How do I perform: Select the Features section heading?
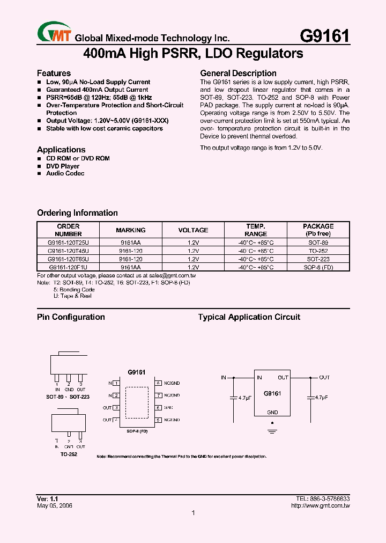tap(54, 73)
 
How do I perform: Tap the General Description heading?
tap(238, 73)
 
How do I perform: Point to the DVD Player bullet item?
tap(63, 166)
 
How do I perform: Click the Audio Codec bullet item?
tap(65, 173)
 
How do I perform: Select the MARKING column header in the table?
tap(130, 230)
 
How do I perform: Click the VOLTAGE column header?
tap(193, 230)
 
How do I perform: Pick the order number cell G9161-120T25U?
tap(69, 243)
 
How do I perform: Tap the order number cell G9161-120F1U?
tap(69, 267)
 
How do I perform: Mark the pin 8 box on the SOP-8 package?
tap(158, 383)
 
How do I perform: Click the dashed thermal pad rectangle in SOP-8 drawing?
tap(137, 401)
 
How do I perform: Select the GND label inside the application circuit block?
tap(272, 412)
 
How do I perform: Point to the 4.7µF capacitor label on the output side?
tap(322, 398)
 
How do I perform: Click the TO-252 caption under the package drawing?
tap(69, 454)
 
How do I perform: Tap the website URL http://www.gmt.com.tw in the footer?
tap(320, 505)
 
